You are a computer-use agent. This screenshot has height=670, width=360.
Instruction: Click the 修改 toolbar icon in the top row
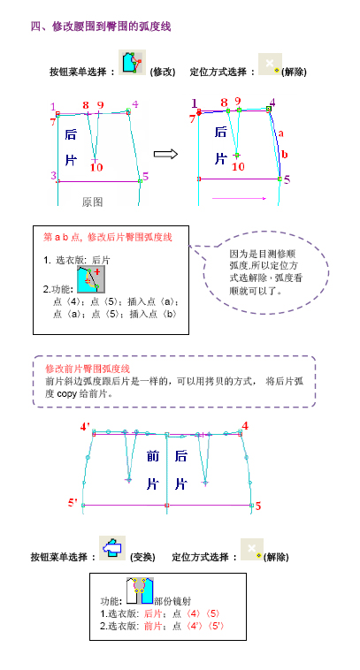click(x=132, y=63)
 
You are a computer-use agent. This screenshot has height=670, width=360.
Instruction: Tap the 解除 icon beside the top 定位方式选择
click(x=270, y=65)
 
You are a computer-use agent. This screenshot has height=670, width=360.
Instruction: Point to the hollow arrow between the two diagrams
click(x=165, y=155)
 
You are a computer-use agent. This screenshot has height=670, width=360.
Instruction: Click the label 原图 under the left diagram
click(x=92, y=202)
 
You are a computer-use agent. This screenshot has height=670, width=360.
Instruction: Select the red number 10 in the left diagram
click(x=96, y=168)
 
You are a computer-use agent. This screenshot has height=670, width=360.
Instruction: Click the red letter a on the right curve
click(x=281, y=133)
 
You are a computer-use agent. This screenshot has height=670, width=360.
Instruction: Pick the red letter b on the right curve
click(x=285, y=155)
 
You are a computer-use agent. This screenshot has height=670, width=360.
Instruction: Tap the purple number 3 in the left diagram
click(x=53, y=175)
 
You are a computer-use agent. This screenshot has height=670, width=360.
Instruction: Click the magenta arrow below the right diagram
click(x=239, y=198)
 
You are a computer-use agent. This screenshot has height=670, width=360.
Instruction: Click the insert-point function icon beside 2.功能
click(x=91, y=279)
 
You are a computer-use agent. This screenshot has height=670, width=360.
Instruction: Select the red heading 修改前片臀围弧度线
click(x=88, y=369)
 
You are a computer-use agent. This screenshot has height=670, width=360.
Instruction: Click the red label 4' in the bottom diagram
click(x=85, y=427)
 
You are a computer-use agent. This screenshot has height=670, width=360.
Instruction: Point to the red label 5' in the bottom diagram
click(x=73, y=503)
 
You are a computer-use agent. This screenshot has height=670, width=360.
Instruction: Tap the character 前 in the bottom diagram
click(x=153, y=456)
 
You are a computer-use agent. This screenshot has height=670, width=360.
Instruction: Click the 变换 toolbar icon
click(x=112, y=548)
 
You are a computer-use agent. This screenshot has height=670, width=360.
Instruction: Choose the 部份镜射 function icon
click(x=140, y=591)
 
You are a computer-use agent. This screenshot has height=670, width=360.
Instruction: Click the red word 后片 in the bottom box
click(x=153, y=614)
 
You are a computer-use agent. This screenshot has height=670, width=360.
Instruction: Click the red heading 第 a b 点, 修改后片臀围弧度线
click(x=108, y=238)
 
